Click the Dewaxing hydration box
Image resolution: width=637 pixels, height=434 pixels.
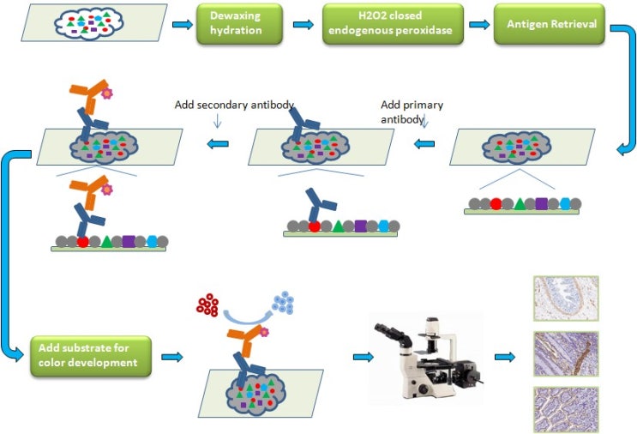click(237, 24)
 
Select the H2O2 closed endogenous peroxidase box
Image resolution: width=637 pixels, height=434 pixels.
click(393, 24)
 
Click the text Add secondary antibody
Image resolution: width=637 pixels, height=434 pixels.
click(234, 105)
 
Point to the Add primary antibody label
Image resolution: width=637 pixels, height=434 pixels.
click(412, 112)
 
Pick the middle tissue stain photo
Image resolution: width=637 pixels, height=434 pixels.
click(565, 353)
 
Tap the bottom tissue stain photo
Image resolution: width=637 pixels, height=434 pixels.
click(565, 408)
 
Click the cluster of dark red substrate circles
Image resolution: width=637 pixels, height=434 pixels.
click(208, 304)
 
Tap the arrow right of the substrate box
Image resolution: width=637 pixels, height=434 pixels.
click(171, 356)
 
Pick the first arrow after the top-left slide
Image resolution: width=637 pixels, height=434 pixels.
click(182, 24)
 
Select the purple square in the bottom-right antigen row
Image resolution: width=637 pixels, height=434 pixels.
click(542, 204)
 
